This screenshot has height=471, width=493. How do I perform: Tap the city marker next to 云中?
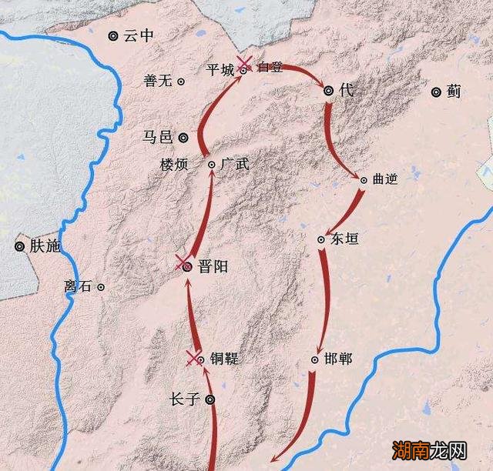click(x=114, y=35)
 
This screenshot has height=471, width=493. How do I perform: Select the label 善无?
click(x=160, y=80)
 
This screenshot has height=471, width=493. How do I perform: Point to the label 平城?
click(x=220, y=69)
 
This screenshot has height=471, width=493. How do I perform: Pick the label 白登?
click(x=271, y=67)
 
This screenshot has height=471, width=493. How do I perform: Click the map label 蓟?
click(x=454, y=92)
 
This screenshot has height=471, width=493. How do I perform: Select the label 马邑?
click(x=158, y=137)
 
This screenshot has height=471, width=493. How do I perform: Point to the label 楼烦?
click(x=173, y=165)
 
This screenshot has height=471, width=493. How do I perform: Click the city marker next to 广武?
click(x=212, y=165)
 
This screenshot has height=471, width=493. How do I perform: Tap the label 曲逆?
click(x=385, y=179)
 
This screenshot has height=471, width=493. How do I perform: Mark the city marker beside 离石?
click(x=100, y=287)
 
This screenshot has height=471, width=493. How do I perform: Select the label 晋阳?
click(x=213, y=266)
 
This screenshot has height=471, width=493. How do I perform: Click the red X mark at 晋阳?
click(x=182, y=262)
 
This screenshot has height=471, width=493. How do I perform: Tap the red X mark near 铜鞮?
click(x=192, y=356)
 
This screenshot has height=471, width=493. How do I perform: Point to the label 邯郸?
click(x=340, y=359)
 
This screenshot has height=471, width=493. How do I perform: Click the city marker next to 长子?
click(x=210, y=399)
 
